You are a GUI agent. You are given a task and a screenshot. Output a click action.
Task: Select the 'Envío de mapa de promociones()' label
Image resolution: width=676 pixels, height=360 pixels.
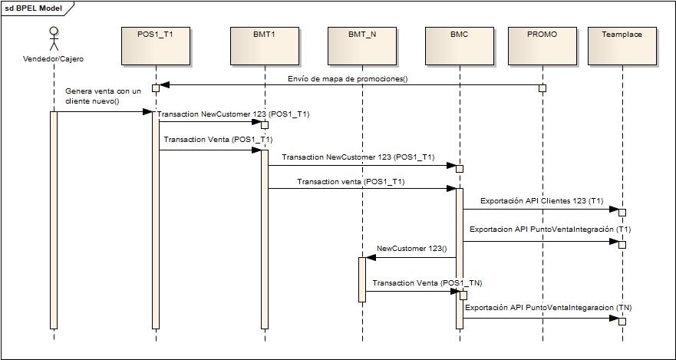[348, 78]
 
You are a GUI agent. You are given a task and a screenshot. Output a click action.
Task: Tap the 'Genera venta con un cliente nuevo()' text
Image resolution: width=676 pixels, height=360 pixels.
[104, 96]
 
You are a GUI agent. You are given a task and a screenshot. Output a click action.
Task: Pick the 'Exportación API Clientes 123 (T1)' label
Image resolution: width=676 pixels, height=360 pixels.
[542, 200]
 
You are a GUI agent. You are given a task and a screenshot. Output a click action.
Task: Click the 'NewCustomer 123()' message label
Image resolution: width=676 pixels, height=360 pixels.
[412, 249]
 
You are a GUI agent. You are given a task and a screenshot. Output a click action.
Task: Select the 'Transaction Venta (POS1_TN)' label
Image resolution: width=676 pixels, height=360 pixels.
[427, 282]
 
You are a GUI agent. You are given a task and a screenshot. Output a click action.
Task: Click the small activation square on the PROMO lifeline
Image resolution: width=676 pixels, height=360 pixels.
[542, 88]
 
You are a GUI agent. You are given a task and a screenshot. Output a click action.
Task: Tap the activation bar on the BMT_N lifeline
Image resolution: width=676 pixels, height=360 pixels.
[362, 279]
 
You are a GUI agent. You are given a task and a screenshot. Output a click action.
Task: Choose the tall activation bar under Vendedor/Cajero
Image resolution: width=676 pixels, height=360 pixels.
[54, 219]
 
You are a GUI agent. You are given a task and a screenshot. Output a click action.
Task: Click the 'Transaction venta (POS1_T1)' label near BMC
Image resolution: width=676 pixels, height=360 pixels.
[351, 182]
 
